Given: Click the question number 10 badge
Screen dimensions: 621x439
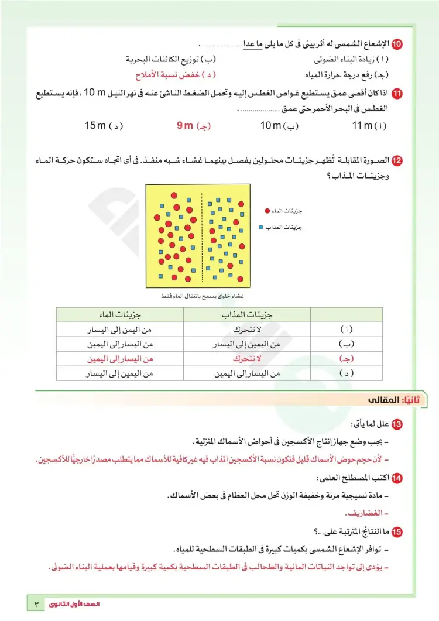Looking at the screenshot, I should [397, 44].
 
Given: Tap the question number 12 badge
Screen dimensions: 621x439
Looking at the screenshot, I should [397, 160].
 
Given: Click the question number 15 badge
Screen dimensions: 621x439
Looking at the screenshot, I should [397, 532].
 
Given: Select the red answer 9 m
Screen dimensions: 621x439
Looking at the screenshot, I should [193, 126].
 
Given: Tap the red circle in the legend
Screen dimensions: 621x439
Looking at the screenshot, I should [267, 211].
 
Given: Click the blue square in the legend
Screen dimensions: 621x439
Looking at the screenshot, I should [261, 227].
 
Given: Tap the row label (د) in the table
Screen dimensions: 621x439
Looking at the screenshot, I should [347, 373].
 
